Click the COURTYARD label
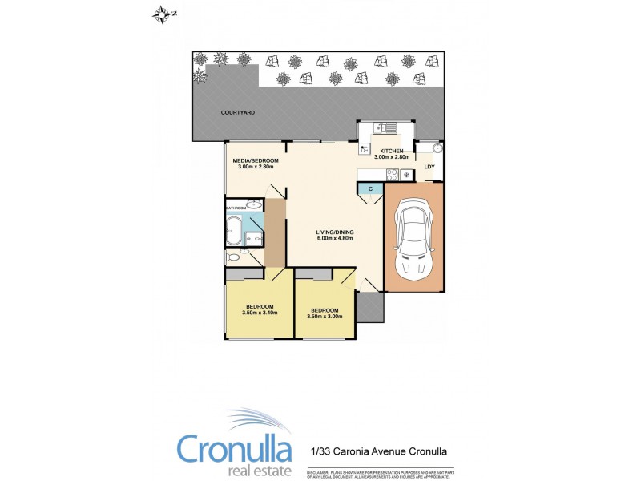click(238, 113)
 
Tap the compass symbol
click(164, 13)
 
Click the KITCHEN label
click(391, 151)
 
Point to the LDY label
click(429, 167)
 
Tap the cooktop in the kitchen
click(393, 175)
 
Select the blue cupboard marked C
click(371, 188)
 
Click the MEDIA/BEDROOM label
click(254, 160)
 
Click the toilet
click(234, 258)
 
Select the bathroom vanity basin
click(252, 204)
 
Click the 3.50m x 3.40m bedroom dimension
click(260, 313)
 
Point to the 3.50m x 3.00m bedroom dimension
click(325, 317)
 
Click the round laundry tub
click(437, 149)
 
